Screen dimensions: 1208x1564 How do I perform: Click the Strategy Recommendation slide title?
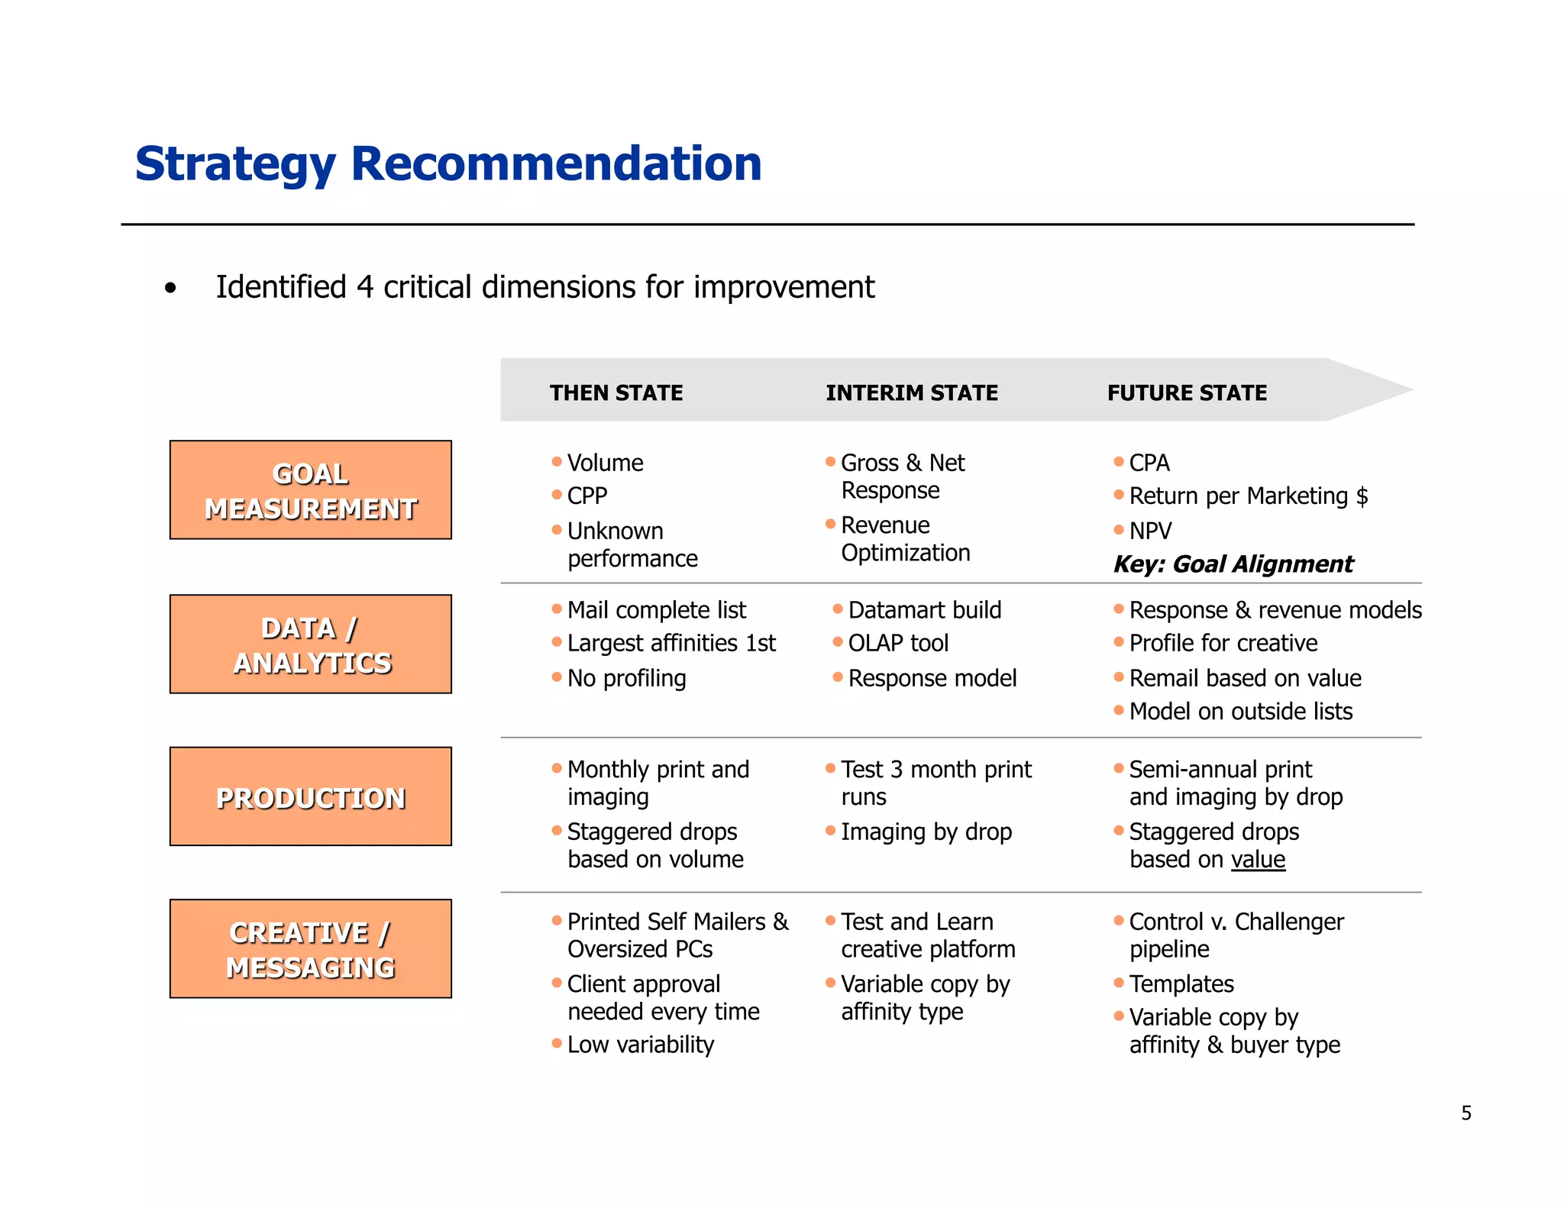(448, 163)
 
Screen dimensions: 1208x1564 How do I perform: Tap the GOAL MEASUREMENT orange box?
(311, 490)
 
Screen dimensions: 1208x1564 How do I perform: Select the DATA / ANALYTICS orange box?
(311, 644)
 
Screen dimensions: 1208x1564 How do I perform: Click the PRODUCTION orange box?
(311, 796)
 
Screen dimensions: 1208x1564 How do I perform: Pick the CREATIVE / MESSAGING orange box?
(311, 949)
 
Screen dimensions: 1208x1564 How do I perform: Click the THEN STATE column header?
(616, 392)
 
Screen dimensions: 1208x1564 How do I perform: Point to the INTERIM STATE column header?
(911, 392)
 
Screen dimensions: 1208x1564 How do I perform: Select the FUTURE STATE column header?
(1187, 392)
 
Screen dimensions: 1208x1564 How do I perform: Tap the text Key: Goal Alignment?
(1233, 564)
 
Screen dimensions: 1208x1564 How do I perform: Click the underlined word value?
(1258, 859)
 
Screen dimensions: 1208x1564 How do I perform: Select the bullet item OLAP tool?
(898, 643)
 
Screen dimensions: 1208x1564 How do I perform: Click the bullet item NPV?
(1150, 531)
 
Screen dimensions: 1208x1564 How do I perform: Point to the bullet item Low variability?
(640, 1045)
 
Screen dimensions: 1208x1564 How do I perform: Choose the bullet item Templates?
(1181, 984)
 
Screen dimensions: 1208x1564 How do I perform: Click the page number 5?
(1465, 1113)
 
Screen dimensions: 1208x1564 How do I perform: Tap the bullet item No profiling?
(626, 678)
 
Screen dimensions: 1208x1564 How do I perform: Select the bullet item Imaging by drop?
(926, 832)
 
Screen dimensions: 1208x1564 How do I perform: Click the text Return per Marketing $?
(1248, 496)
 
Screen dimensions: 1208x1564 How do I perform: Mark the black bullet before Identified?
(170, 289)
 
